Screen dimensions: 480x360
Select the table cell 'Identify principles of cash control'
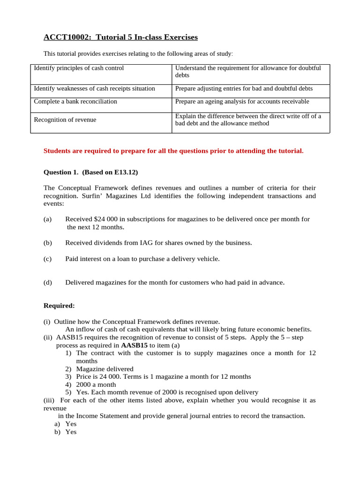pyautogui.click(x=79, y=68)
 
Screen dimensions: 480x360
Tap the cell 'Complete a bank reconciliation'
pyautogui.click(x=75, y=102)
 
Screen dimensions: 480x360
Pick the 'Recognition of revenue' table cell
pyautogui.click(x=65, y=120)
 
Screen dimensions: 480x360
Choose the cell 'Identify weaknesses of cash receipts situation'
pyautogui.click(x=94, y=89)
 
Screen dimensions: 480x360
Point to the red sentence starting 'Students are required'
pyautogui.click(x=173, y=151)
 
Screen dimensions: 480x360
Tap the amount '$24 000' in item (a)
pyautogui.click(x=106, y=219)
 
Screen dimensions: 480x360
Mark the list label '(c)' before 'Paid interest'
pyautogui.click(x=47, y=259)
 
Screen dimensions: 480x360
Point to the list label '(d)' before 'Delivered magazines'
pyautogui.click(x=47, y=283)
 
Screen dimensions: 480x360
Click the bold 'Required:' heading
pyautogui.click(x=59, y=306)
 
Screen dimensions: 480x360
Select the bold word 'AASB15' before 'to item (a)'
pyautogui.click(x=135, y=345)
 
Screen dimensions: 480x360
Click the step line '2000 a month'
pyautogui.click(x=97, y=384)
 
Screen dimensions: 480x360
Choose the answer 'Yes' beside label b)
pyautogui.click(x=71, y=432)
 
